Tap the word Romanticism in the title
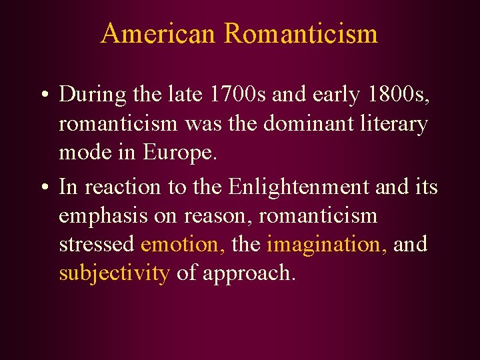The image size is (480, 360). tap(301, 33)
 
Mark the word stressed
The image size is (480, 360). tap(97, 244)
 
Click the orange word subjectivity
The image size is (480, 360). tap(114, 273)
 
